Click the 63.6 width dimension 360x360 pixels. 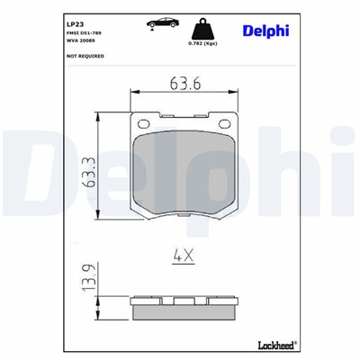click(x=184, y=84)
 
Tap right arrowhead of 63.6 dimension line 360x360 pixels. click(x=235, y=92)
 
